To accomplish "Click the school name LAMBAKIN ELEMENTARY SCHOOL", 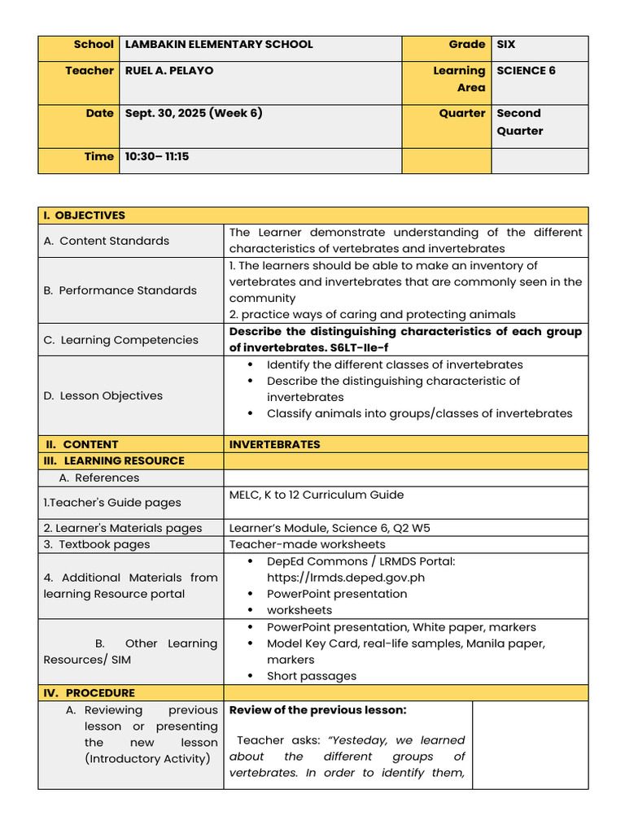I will click(218, 45).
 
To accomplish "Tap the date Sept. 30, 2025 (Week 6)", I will click(193, 113).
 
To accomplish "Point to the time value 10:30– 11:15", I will click(156, 156).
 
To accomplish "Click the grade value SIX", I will click(505, 45).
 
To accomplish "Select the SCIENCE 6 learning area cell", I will click(526, 71).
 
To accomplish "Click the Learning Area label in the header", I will click(458, 79).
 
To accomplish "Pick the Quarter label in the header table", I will click(461, 113).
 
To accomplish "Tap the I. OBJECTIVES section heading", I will click(85, 216).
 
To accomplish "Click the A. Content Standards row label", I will click(107, 241).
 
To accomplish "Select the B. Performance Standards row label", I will click(120, 290).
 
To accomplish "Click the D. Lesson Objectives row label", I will click(103, 396).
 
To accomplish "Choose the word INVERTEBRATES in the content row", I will click(274, 444).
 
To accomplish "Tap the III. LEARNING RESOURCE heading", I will click(114, 460).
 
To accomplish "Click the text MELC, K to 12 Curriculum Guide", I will click(316, 495).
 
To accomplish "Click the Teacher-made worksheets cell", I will click(307, 544).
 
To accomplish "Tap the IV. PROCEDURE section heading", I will click(90, 693).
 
